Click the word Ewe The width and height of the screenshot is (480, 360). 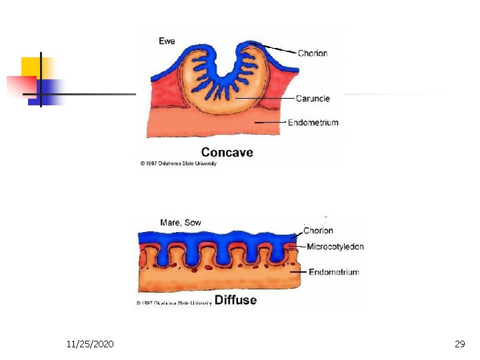point(167,41)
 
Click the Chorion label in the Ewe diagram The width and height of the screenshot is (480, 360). point(312,53)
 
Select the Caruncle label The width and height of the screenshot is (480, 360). point(313,99)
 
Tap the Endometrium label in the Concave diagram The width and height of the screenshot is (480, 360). point(313,123)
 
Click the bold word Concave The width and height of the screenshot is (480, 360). point(227,153)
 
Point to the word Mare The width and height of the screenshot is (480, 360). point(170,223)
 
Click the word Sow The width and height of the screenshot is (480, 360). point(193,223)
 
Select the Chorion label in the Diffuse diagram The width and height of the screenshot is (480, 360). point(318,231)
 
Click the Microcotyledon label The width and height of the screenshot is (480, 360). point(335,247)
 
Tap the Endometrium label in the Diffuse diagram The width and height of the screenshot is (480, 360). point(333,272)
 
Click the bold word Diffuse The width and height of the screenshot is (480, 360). point(235,300)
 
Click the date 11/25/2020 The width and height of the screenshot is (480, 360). point(90,344)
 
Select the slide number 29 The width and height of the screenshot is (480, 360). point(459,344)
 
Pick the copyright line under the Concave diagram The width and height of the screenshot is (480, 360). point(178,164)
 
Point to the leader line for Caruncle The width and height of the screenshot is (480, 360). point(267,99)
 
